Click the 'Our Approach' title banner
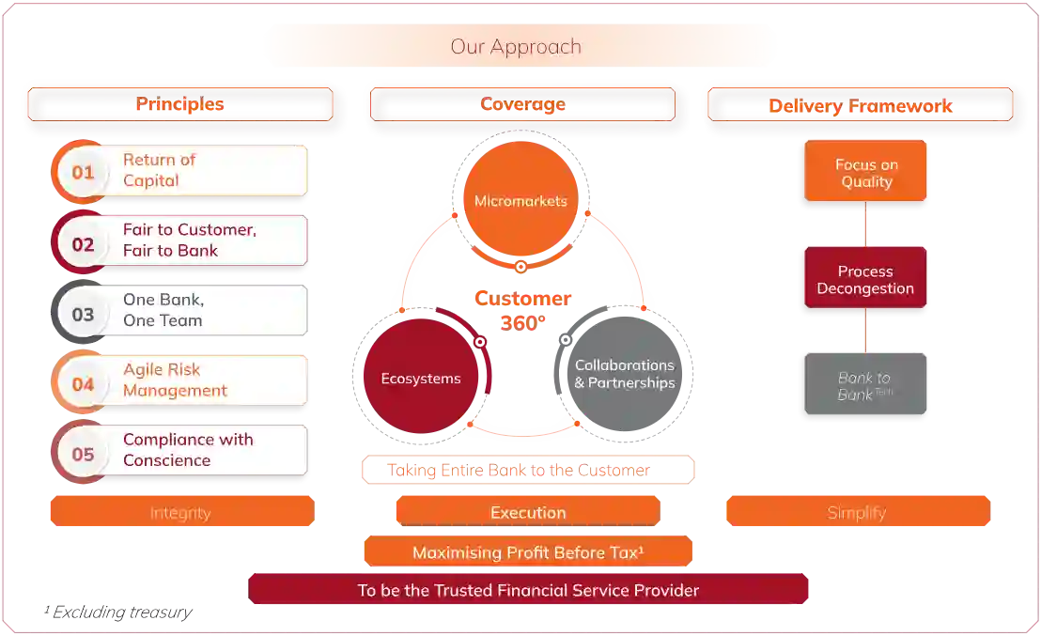[518, 46]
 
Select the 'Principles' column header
[179, 104]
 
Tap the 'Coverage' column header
[521, 104]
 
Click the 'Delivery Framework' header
[859, 106]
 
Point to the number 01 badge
[83, 172]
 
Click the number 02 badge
[83, 244]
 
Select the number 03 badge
[83, 314]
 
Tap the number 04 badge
[83, 383]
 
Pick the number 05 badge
[83, 454]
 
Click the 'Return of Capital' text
[160, 170]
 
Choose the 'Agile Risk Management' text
[175, 380]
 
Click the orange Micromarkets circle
[520, 200]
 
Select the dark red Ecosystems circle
[420, 379]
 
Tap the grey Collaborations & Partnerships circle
[624, 374]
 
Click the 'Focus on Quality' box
[865, 173]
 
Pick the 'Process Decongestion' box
[865, 280]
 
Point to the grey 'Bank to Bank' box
[865, 385]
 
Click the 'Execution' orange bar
[528, 512]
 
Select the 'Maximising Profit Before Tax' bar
[527, 552]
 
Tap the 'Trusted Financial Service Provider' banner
[528, 590]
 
